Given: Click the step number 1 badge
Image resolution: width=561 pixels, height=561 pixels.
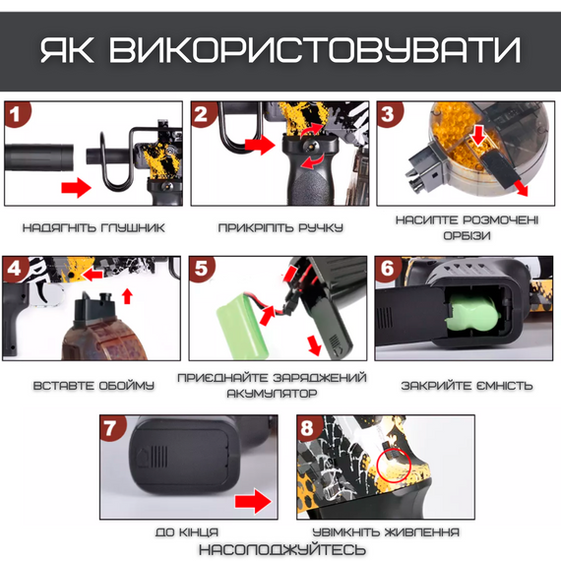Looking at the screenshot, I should [x=15, y=114].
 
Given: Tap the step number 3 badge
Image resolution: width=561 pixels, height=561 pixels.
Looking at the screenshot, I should [x=387, y=114].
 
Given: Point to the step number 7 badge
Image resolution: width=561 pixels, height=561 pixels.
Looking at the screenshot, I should [x=114, y=429].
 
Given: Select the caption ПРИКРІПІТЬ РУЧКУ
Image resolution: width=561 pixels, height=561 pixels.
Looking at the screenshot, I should [x=281, y=228].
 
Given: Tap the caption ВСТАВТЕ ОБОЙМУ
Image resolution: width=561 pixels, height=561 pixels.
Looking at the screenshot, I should [x=94, y=385].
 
